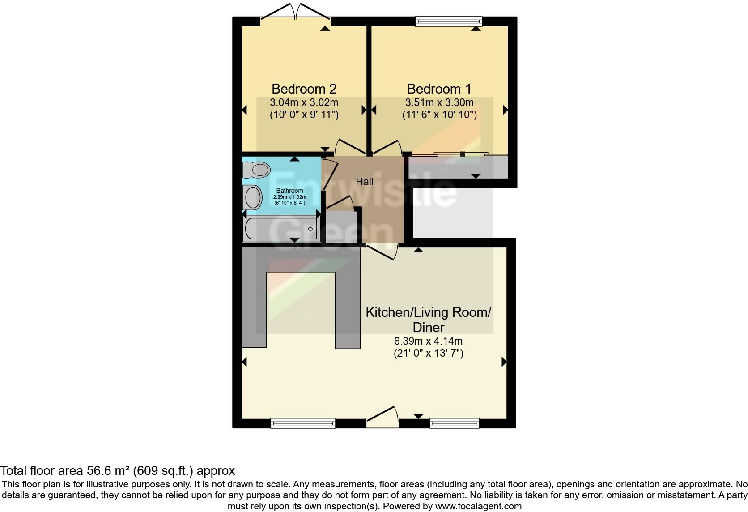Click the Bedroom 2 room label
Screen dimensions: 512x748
(304, 89)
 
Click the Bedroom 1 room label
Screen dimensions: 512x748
(439, 89)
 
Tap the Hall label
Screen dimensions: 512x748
(365, 182)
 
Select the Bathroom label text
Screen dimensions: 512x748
(289, 191)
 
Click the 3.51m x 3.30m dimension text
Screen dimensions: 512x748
(439, 102)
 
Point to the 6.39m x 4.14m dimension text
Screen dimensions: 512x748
(428, 341)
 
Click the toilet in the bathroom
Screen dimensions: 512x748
(257, 170)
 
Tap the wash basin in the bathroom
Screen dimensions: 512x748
(253, 197)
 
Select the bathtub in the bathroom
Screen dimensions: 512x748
(281, 229)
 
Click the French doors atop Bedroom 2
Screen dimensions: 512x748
(295, 13)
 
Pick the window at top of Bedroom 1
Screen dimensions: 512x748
(449, 21)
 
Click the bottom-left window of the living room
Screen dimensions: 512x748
(303, 423)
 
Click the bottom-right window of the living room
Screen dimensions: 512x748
(455, 423)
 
